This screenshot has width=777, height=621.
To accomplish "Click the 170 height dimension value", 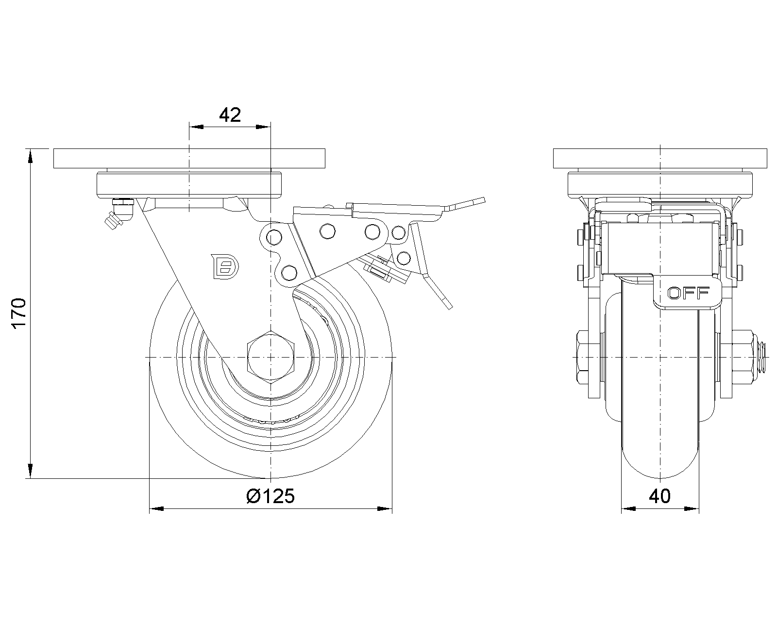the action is click(18, 313).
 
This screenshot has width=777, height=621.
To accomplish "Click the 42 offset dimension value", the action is click(230, 115).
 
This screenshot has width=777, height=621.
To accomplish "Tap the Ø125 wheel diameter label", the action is click(270, 496).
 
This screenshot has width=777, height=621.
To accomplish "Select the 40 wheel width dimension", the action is click(659, 496).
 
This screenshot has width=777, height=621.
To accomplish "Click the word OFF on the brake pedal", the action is click(689, 293).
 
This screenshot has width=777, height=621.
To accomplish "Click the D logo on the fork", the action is click(225, 266).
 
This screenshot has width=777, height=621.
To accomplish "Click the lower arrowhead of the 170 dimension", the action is click(30, 472).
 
